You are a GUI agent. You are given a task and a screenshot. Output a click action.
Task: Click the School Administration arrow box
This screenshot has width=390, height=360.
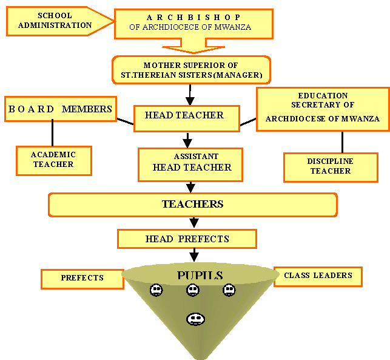(x=55, y=21)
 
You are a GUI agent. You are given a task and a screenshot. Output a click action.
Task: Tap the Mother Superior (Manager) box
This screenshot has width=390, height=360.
(x=190, y=70)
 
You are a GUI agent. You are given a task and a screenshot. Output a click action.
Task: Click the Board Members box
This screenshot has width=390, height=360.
(x=60, y=109)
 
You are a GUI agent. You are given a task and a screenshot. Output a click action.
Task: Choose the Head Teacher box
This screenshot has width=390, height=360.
(x=184, y=115)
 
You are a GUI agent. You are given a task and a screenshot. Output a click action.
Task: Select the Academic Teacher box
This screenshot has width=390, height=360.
(x=53, y=160)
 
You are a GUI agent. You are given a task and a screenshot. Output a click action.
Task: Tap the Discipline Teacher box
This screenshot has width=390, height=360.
(x=330, y=166)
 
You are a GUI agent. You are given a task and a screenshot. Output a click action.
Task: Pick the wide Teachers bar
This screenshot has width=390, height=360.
(x=192, y=205)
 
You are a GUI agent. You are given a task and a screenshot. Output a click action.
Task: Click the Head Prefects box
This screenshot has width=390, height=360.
(x=187, y=239)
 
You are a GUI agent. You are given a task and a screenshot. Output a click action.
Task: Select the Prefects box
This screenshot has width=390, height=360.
(x=82, y=278)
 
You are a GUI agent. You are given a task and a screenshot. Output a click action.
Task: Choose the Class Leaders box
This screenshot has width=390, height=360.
(x=318, y=276)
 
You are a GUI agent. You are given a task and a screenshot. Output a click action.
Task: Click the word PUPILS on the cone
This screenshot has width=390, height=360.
(x=200, y=276)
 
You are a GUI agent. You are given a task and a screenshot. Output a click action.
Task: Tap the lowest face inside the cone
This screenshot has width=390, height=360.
(x=195, y=318)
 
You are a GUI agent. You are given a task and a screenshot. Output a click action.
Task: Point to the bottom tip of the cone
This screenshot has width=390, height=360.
(x=195, y=356)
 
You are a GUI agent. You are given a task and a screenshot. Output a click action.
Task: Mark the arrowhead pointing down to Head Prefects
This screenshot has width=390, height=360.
(x=194, y=223)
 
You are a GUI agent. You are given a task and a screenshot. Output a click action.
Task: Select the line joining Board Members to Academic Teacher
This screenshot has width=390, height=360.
(x=53, y=133)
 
